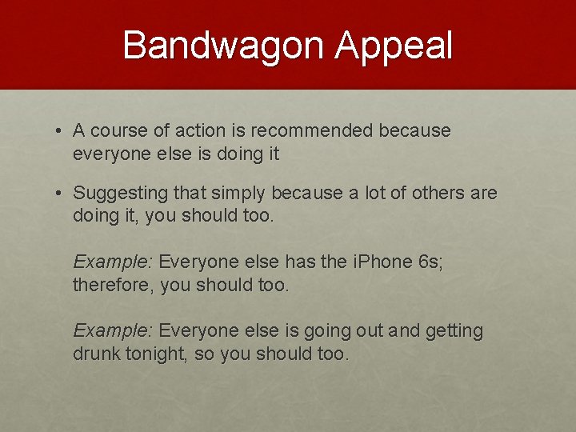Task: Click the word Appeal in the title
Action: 394,46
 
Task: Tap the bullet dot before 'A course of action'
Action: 61,131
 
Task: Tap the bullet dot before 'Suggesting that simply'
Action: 61,194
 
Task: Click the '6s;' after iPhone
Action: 430,262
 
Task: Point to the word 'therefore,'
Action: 114,286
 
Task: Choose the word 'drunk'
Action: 97,354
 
